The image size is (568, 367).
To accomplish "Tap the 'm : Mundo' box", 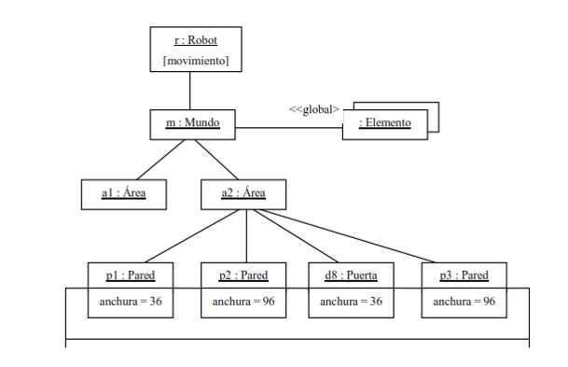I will point(191,123).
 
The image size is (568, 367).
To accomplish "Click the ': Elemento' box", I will point(384,124).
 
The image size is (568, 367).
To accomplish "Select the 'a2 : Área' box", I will point(244,193).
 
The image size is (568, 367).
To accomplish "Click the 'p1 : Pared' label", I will point(131,275).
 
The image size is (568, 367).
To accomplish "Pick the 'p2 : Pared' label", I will point(243,275).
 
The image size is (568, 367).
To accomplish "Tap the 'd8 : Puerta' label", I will point(351,275).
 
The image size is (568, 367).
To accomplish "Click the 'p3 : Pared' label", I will point(464,275).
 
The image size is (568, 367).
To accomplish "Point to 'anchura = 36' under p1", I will point(131,302).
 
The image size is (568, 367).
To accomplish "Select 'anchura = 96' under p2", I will point(243,302).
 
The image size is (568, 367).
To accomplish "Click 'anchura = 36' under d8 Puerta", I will point(351,302).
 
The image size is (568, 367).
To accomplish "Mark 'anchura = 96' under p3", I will point(464,302).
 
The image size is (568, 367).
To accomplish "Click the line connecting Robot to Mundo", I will point(190,91).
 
